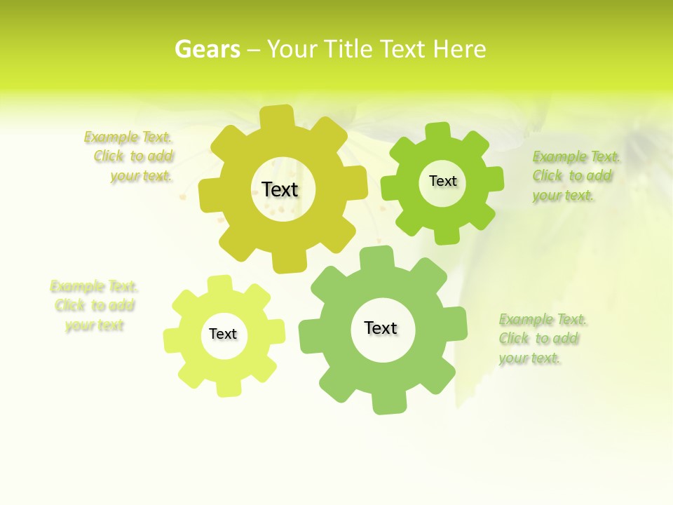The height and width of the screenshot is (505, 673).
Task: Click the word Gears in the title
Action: point(207,49)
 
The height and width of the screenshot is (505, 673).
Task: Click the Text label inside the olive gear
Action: point(280,189)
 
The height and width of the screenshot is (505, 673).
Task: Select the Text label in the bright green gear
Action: point(442,181)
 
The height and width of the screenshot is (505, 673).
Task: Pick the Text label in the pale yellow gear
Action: point(223,334)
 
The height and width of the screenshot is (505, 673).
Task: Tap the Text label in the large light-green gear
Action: point(381,328)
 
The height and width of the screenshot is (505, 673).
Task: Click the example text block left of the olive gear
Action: point(130,156)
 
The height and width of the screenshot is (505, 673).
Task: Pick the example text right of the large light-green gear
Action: point(543,339)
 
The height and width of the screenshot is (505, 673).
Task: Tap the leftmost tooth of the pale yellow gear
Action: point(172,339)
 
